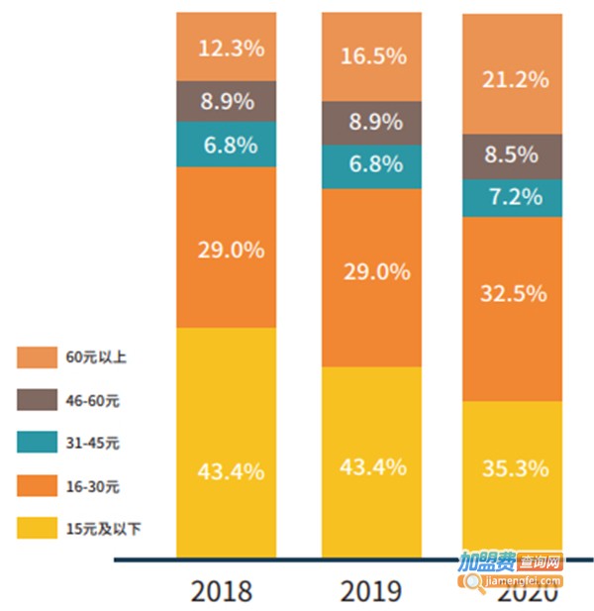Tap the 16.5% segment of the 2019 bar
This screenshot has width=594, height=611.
tap(372, 55)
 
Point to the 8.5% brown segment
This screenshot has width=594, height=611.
tap(513, 154)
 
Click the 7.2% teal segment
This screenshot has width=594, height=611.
tap(513, 196)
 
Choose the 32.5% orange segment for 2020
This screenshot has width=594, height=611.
tap(513, 293)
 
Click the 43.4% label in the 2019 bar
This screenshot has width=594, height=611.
tap(372, 466)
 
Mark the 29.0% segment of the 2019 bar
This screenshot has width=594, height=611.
tap(372, 271)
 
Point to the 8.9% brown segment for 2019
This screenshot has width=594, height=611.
tap(372, 122)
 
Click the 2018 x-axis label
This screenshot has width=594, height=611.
tap(222, 592)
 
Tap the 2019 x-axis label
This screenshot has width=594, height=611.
tap(371, 592)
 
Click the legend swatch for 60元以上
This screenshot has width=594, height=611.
tap(36, 356)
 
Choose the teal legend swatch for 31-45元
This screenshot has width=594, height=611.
tap(36, 443)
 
